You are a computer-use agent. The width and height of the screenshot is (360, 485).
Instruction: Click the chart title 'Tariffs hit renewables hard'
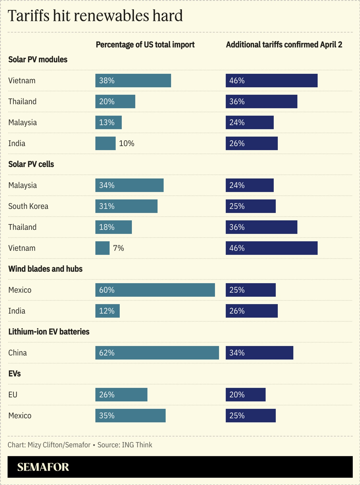[95, 16]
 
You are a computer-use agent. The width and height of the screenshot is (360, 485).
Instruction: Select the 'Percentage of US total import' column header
[145, 45]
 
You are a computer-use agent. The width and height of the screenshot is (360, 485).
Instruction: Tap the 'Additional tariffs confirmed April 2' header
[284, 45]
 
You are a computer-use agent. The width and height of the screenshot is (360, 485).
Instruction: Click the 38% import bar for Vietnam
[133, 81]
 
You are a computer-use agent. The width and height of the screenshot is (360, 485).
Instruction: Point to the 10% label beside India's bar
[127, 143]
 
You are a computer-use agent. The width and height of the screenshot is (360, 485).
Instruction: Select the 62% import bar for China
[157, 353]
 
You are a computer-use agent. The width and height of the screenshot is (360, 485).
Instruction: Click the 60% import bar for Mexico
[155, 290]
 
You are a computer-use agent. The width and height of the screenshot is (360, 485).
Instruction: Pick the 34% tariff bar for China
[259, 353]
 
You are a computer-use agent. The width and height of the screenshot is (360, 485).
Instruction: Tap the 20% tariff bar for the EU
[246, 395]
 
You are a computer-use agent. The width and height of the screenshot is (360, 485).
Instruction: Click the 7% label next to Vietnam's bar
[118, 248]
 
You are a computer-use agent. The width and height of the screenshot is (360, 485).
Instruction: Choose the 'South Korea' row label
[28, 206]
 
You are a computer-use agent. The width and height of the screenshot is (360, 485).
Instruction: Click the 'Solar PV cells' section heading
[31, 164]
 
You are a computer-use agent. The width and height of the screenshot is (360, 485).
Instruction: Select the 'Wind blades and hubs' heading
[45, 269]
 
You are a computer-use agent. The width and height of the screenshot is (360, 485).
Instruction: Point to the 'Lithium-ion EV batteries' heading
[49, 332]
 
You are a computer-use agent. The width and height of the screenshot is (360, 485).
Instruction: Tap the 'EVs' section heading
[14, 374]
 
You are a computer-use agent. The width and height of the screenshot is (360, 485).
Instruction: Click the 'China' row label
[17, 353]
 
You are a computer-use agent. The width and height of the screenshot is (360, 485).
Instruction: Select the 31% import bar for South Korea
[126, 206]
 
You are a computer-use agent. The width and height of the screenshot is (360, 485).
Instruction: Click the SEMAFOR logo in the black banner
[43, 467]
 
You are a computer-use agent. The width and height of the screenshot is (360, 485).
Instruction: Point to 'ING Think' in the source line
[137, 445]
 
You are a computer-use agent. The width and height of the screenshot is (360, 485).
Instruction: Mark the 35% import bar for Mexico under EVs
[130, 416]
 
